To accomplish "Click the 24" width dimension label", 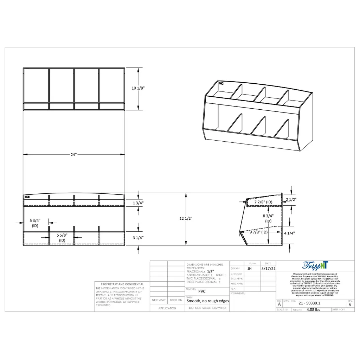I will pyautogui.click(x=73, y=154).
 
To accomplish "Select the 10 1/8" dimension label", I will pyautogui.click(x=138, y=89).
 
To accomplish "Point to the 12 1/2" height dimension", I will pyautogui.click(x=186, y=218).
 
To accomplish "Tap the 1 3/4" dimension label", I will pyautogui.click(x=138, y=203).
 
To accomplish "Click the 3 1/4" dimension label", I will pyautogui.click(x=138, y=238).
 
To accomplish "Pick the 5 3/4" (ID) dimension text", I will pyautogui.click(x=35, y=223).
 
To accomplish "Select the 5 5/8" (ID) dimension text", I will pyautogui.click(x=62, y=237).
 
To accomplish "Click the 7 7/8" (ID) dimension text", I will pyautogui.click(x=264, y=202).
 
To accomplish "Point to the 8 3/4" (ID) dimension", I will pyautogui.click(x=268, y=218).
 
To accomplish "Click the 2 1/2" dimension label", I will pyautogui.click(x=291, y=199).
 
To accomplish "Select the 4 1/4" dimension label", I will pyautogui.click(x=289, y=233).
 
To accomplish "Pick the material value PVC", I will pyautogui.click(x=202, y=291).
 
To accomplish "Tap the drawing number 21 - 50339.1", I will pyautogui.click(x=309, y=303).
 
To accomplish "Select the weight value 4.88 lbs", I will pyautogui.click(x=313, y=310).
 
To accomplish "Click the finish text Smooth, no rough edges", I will pyautogui.click(x=207, y=301).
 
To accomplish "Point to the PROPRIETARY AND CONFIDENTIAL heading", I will pyautogui.click(x=122, y=284).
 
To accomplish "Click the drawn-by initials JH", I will pyautogui.click(x=250, y=268).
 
